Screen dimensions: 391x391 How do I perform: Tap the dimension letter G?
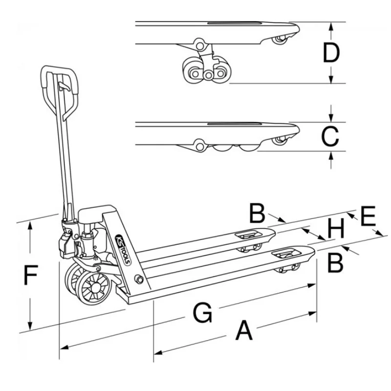[x=202, y=313]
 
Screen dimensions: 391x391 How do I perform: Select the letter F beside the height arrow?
[x=31, y=276]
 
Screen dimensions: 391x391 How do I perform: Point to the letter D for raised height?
[x=331, y=53]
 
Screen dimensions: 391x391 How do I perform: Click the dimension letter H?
[x=336, y=228]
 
